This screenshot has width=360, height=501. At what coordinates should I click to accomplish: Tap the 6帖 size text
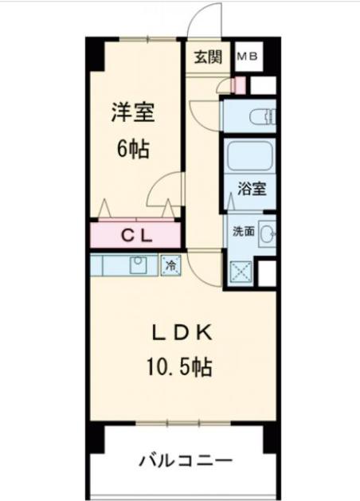coord(133,149)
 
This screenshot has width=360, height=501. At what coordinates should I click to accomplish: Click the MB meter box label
coord(246,57)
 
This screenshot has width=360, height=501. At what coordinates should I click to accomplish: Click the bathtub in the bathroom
coord(249,156)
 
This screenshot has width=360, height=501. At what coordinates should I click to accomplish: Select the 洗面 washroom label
coord(243,232)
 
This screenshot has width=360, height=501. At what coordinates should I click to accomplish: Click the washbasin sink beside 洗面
coord(268,232)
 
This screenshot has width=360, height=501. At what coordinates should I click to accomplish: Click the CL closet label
coord(136,235)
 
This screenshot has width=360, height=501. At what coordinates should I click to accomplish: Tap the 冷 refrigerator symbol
coord(170,264)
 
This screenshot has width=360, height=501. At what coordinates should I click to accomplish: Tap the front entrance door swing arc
coord(204,20)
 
